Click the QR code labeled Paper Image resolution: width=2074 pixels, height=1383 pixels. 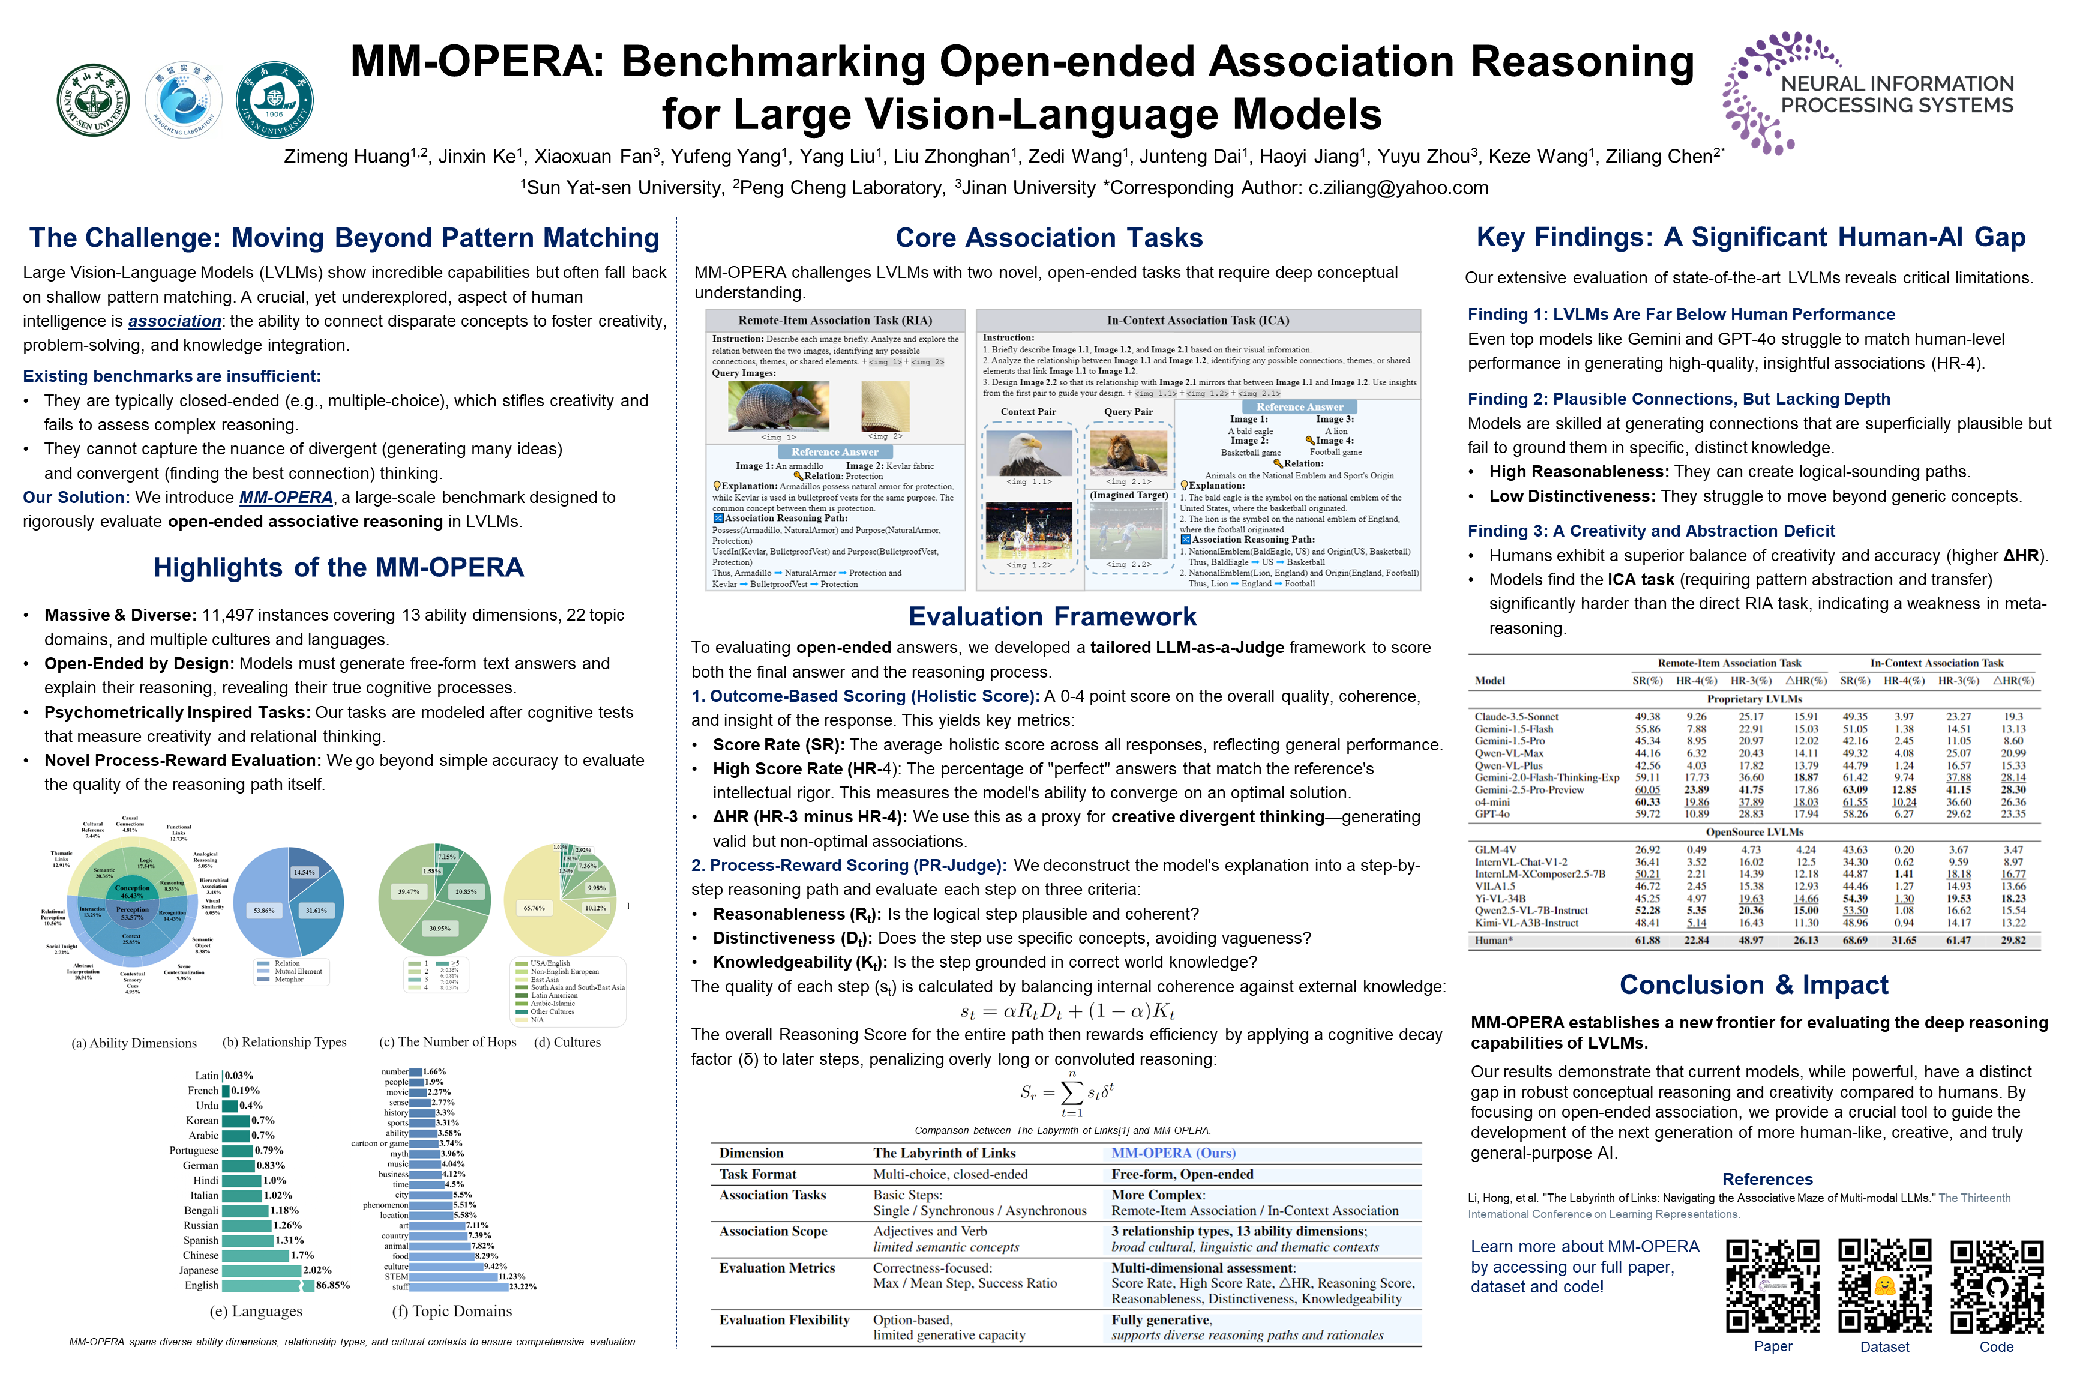click(x=1772, y=1285)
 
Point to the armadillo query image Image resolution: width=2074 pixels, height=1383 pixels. click(x=778, y=406)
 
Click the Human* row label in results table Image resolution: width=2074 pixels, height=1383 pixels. click(x=1494, y=940)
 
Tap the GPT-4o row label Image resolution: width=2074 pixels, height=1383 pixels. click(x=1492, y=813)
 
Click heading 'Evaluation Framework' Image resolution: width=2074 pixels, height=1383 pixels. click(x=1052, y=616)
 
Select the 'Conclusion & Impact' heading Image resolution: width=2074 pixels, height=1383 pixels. click(x=1753, y=984)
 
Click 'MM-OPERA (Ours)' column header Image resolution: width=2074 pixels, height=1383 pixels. click(x=1173, y=1152)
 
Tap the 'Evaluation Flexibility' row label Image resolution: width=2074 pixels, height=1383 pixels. click(x=783, y=1319)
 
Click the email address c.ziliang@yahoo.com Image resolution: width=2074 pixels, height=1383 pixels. click(x=1398, y=188)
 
